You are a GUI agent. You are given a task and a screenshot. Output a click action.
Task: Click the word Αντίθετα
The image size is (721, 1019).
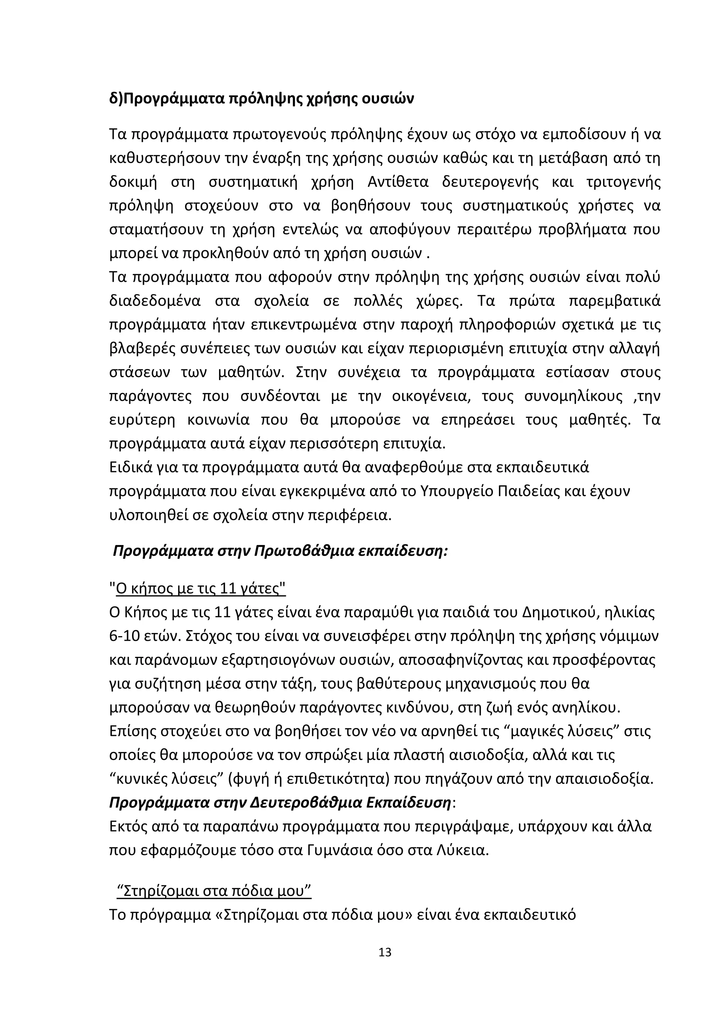coord(398,182)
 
